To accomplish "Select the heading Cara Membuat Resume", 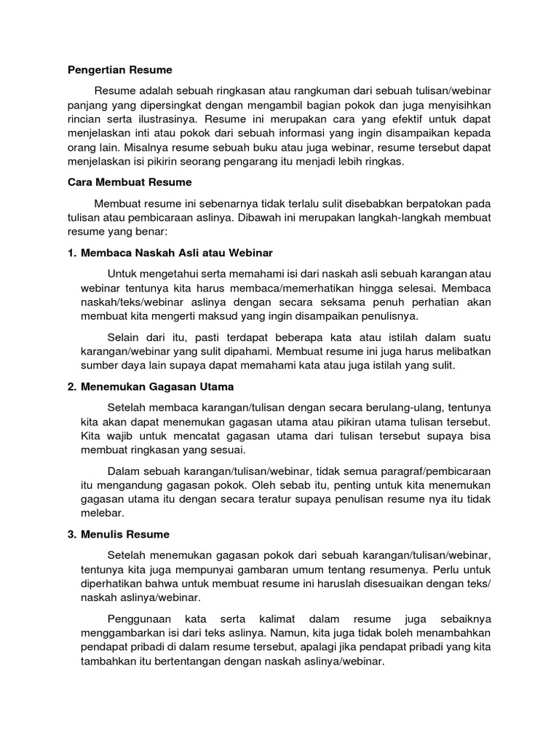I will tap(124, 182).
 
